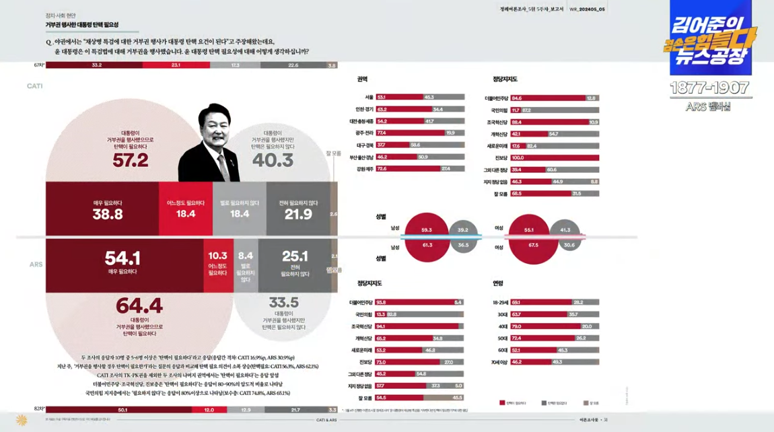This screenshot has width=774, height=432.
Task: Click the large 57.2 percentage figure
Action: tap(131, 159)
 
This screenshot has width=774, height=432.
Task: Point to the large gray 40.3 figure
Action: tap(273, 160)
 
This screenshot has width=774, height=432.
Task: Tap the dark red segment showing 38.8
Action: tap(108, 209)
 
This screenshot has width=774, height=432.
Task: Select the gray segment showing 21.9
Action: tap(298, 209)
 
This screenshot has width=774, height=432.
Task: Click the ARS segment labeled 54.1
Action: tap(124, 261)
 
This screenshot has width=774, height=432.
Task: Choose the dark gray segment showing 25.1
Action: tap(294, 262)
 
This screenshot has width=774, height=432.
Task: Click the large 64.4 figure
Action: tap(139, 305)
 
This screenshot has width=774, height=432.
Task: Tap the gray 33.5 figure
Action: tap(283, 302)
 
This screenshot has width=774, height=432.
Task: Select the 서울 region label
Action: tap(368, 97)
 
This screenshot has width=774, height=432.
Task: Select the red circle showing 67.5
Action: tap(533, 245)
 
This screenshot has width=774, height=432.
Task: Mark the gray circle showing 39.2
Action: tap(462, 230)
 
